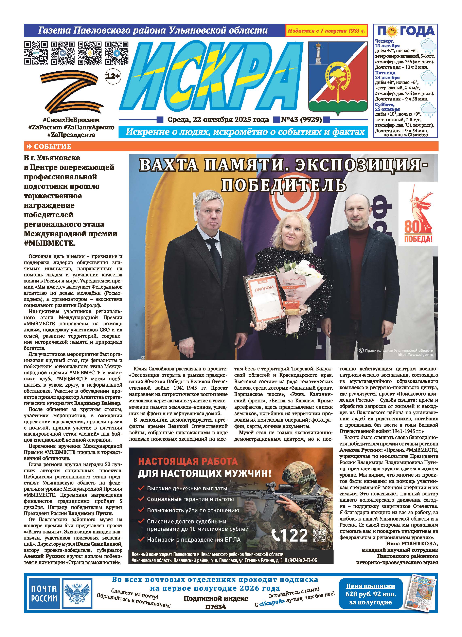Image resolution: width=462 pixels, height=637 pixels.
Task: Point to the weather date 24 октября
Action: pyautogui.click(x=387, y=77)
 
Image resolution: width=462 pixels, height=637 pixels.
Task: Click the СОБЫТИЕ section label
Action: pyautogui.click(x=52, y=146)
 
